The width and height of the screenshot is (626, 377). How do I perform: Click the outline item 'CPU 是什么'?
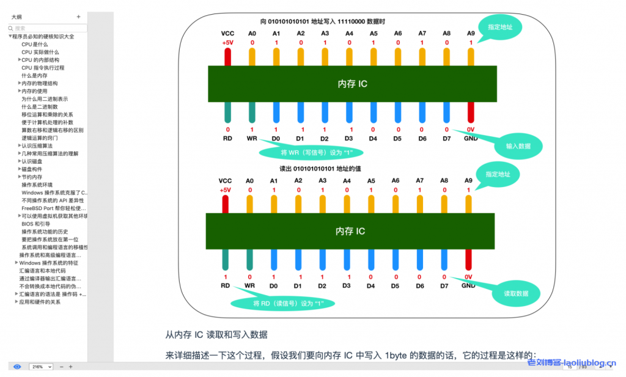click(34, 44)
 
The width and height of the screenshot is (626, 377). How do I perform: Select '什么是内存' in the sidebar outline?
click(34, 75)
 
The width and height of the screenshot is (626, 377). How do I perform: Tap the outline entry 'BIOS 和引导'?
click(37, 224)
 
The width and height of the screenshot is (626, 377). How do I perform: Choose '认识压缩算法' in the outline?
click(37, 145)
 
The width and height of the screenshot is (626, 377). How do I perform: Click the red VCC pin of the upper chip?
click(227, 57)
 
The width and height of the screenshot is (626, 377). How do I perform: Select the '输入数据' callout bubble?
click(518, 146)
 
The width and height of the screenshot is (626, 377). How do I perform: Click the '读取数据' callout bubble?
click(516, 293)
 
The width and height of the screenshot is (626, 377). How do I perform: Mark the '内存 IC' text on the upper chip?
click(353, 84)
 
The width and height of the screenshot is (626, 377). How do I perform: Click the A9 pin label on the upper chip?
click(471, 34)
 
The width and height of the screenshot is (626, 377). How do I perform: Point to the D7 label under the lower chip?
click(444, 285)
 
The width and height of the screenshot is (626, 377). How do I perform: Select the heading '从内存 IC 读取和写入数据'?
click(216, 335)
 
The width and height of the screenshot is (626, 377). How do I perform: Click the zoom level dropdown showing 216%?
click(42, 367)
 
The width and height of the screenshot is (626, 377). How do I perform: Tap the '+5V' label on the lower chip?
click(226, 190)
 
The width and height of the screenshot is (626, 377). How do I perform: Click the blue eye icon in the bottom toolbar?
click(17, 367)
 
